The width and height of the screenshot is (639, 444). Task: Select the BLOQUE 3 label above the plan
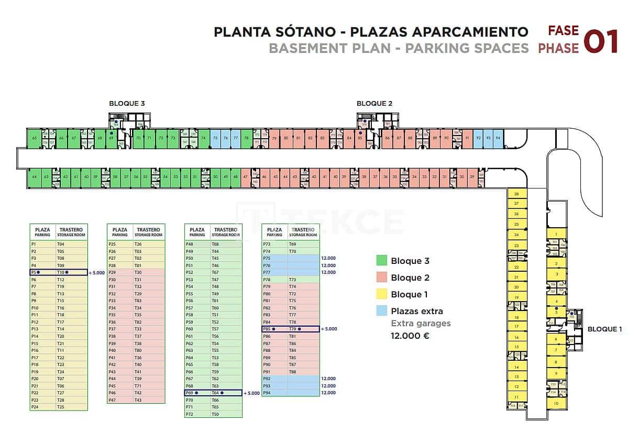[127, 103]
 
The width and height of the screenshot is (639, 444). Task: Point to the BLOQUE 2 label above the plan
[374, 103]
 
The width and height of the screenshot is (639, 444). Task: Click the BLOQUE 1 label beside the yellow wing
[604, 329]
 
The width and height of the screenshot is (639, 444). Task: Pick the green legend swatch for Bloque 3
[382, 261]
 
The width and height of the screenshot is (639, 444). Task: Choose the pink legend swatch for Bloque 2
[382, 277]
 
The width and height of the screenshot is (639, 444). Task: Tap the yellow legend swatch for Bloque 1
[382, 294]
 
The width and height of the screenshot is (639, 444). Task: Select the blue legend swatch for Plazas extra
[382, 311]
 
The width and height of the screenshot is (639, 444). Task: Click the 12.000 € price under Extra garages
[410, 336]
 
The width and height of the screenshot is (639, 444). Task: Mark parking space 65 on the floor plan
[34, 138]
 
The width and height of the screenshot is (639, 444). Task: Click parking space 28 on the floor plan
[516, 194]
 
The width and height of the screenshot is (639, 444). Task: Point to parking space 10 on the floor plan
[556, 404]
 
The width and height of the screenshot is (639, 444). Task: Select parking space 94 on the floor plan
[498, 138]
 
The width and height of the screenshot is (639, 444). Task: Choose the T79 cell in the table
[293, 329]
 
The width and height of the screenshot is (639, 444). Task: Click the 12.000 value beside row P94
[328, 393]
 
